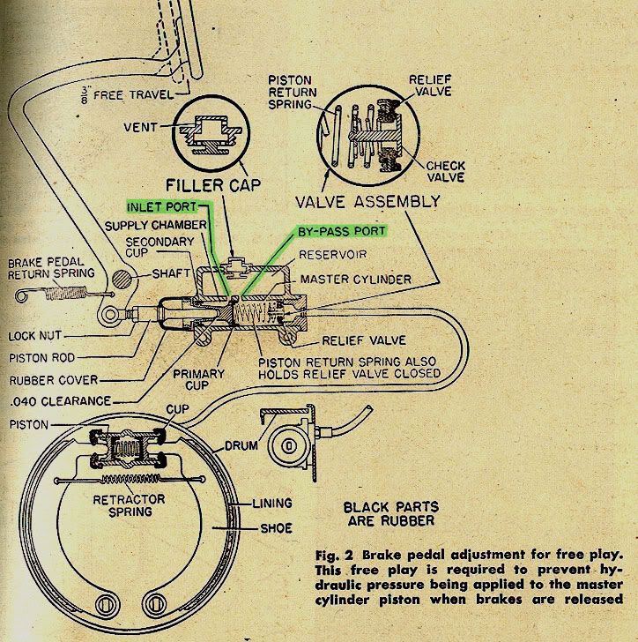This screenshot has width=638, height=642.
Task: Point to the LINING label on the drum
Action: [271, 504]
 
